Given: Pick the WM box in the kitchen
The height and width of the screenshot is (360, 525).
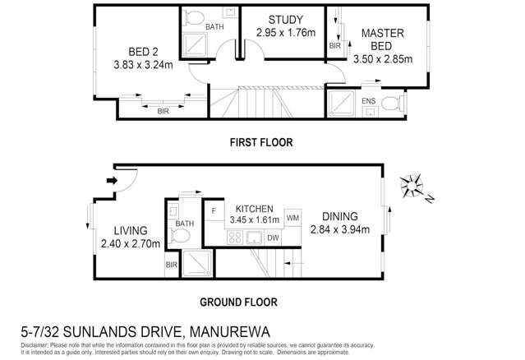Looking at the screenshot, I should tap(293, 218).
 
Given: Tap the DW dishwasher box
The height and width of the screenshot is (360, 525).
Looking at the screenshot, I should tap(273, 238).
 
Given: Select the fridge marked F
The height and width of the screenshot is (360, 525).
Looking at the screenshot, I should tap(213, 211).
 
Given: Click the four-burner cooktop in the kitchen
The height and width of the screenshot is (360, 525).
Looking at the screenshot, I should tap(234, 238).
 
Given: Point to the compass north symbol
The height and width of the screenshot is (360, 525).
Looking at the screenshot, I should tap(413, 184).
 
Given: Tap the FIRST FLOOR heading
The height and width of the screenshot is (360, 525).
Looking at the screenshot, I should tap(260, 142).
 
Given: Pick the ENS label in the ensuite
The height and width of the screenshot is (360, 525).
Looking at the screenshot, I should tap(368, 101).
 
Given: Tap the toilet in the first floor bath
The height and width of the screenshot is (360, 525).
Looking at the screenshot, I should tap(194, 17).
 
